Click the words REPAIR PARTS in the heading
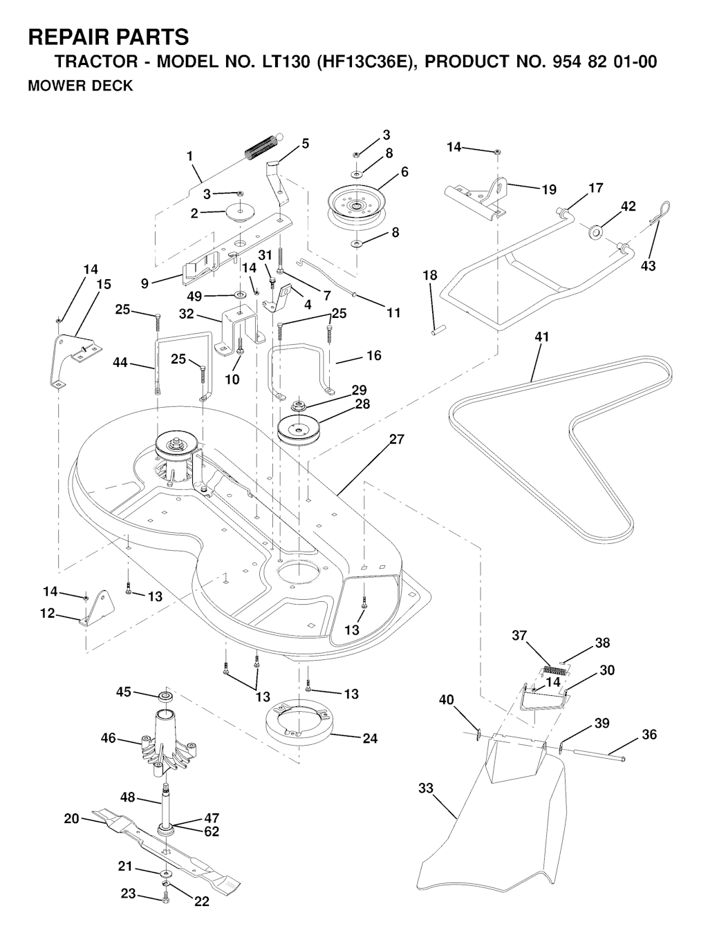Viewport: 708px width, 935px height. [108, 37]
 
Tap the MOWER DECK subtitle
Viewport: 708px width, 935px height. [80, 87]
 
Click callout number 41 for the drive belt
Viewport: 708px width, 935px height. [541, 337]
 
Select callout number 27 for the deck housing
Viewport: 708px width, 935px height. [397, 440]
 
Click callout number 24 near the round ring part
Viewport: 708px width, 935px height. [370, 738]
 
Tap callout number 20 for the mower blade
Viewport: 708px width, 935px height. [71, 819]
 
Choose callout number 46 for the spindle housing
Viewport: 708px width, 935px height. [109, 738]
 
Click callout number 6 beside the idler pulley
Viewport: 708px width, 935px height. [404, 172]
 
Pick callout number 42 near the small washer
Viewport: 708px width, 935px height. [628, 206]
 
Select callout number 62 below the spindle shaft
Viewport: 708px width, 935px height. [212, 831]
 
